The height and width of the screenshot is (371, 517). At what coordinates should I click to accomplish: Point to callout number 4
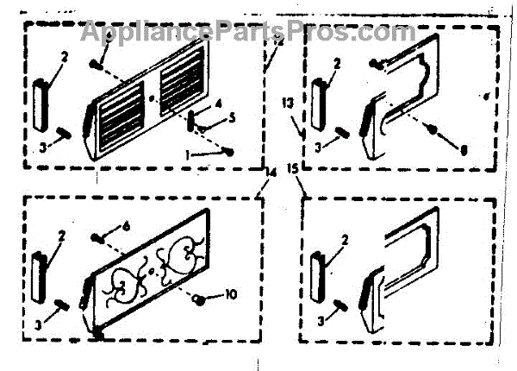[x=219, y=104]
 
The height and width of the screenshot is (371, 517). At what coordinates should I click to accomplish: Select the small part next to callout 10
[x=199, y=299]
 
